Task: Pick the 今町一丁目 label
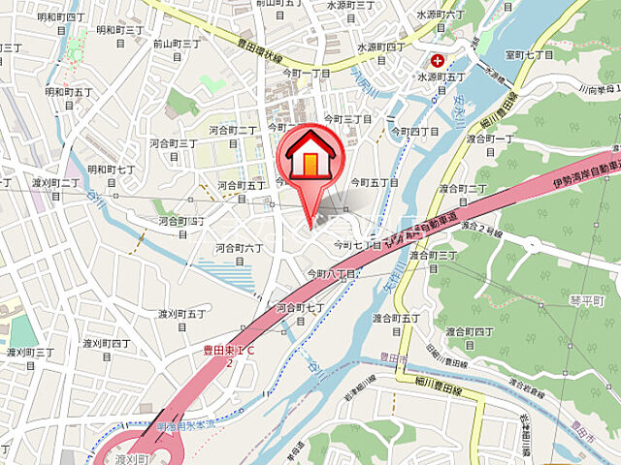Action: [x=307, y=73]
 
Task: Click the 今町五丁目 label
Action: [x=375, y=182]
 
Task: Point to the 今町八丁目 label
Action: [x=334, y=274]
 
